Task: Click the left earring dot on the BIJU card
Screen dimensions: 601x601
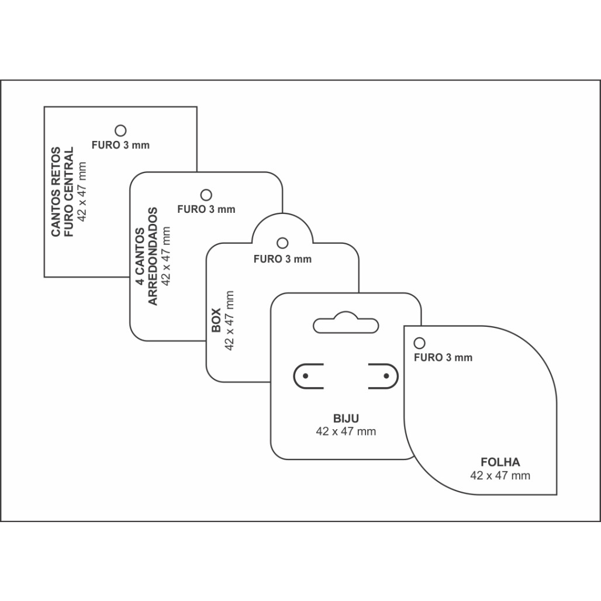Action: tap(306, 376)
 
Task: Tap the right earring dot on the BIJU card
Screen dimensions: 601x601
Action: tap(386, 376)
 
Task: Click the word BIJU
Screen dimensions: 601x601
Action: tap(346, 418)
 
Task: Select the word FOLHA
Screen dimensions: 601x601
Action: tap(500, 462)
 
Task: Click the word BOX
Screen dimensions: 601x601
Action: tap(216, 320)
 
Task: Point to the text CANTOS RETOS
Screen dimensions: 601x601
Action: tap(56, 192)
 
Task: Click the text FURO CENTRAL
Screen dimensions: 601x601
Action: tap(68, 192)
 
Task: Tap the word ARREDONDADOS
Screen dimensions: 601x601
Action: tap(153, 257)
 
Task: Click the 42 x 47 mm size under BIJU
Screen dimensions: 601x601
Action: tap(346, 431)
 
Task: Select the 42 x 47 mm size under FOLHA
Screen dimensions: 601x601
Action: tap(500, 475)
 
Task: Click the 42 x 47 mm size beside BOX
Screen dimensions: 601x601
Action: tap(229, 320)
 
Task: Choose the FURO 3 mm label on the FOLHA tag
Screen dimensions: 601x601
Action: tap(443, 358)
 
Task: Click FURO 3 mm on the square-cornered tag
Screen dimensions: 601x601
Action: tap(120, 145)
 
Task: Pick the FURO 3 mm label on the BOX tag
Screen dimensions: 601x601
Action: tap(282, 259)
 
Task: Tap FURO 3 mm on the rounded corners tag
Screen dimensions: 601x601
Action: tap(206, 209)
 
